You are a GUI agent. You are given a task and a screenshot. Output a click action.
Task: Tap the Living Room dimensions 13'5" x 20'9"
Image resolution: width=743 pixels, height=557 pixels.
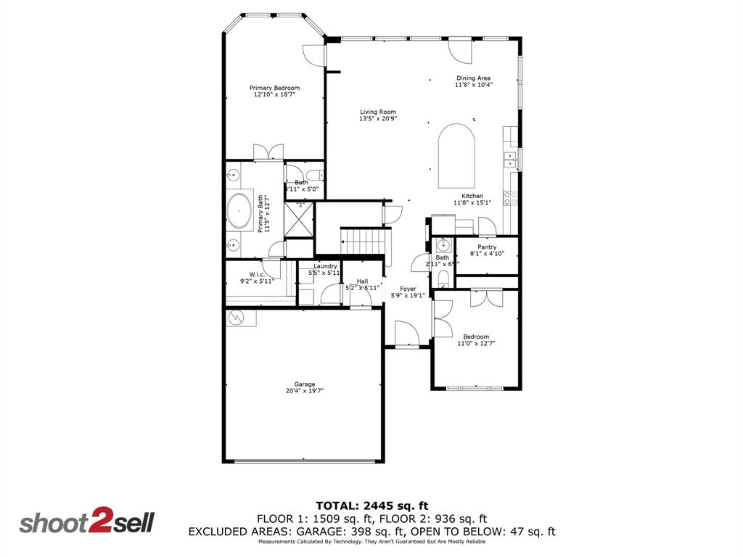378,119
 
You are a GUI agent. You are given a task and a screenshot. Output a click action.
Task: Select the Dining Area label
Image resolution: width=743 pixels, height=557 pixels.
473,78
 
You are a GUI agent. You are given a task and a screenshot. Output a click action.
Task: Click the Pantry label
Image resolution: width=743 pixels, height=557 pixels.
487,247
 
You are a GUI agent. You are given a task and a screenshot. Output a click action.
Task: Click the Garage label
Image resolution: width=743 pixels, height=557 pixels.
305,384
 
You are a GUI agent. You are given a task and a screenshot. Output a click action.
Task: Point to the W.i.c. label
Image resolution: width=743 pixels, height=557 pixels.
256,274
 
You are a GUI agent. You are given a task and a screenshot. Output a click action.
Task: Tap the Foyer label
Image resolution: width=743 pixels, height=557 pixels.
408,289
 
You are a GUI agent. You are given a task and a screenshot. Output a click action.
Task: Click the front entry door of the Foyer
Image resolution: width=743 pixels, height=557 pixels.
406,335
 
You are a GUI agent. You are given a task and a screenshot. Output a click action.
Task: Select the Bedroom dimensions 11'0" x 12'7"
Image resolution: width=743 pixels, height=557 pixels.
476,344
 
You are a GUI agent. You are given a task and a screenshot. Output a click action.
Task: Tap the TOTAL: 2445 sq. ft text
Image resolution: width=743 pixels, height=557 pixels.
371,505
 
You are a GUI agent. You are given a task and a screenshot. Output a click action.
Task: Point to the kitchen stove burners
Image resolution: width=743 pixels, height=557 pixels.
510,198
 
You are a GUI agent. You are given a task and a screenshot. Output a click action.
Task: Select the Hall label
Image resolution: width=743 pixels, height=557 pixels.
362,281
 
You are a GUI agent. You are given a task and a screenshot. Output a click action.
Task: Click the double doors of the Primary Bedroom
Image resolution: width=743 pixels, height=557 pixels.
268,152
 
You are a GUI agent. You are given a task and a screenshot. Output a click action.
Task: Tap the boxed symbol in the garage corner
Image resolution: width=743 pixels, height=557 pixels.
236,318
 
